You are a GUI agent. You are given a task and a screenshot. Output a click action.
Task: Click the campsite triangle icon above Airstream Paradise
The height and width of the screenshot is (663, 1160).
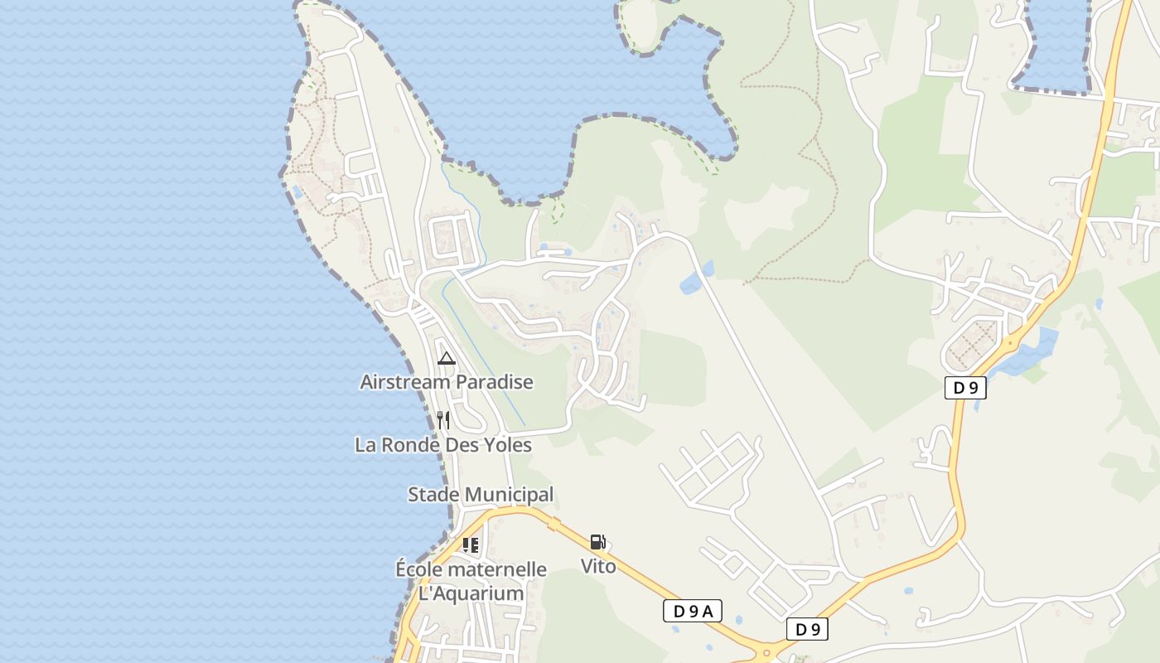click(447, 358)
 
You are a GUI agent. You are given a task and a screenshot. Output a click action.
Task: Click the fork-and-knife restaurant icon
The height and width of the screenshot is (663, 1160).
click(443, 420)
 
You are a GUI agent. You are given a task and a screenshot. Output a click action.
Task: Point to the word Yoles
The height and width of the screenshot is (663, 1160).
click(503, 445)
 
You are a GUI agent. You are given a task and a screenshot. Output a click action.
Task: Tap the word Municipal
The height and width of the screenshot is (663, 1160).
click(507, 495)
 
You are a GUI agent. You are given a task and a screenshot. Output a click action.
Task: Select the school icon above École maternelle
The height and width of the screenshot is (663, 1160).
click(471, 544)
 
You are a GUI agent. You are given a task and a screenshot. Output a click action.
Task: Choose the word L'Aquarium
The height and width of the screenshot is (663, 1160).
click(471, 593)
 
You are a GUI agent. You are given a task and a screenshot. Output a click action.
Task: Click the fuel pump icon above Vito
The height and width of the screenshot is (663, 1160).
click(597, 542)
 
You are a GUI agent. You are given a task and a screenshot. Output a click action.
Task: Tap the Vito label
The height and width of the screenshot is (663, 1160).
click(598, 566)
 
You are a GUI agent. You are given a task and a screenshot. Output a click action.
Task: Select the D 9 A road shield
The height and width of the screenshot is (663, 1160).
click(693, 612)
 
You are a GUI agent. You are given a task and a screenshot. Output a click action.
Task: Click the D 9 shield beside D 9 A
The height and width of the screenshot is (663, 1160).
click(807, 629)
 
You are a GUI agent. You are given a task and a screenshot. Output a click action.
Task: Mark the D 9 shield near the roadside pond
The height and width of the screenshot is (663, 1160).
click(965, 387)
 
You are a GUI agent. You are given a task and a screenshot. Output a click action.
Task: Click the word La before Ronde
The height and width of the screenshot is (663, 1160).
click(365, 445)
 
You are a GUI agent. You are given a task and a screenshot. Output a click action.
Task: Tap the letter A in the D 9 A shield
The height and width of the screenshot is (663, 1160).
click(707, 612)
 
